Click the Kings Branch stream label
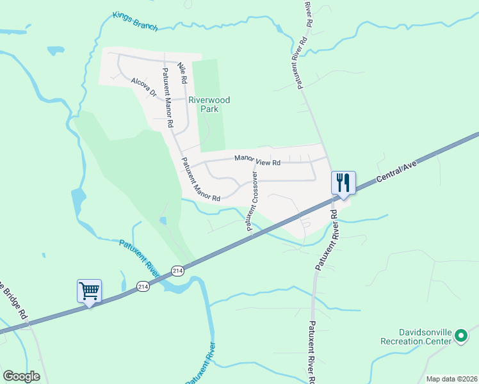pyautogui.click(x=134, y=21)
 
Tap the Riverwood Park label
pyautogui.click(x=209, y=104)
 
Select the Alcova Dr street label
pyautogui.click(x=143, y=88)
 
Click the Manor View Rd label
pyautogui.click(x=257, y=161)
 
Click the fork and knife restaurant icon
pyautogui.click(x=343, y=182)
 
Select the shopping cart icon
pyautogui.click(x=89, y=291)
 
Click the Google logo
pyautogui.click(x=21, y=376)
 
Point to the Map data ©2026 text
pyautogui.click(x=451, y=379)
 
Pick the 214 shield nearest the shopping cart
pyautogui.click(x=143, y=287)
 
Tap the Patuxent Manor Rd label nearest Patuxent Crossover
pyautogui.click(x=200, y=180)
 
